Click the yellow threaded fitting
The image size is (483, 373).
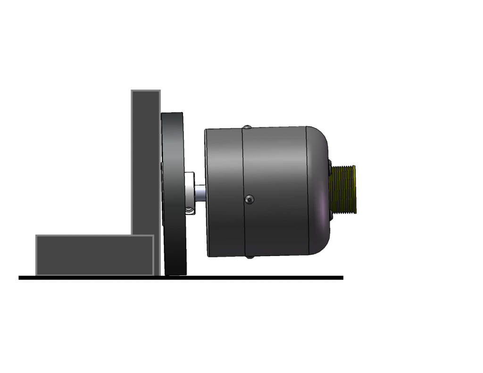pos(343,189)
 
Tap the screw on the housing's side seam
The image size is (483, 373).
pos(250,200)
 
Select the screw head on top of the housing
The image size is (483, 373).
pos(246,127)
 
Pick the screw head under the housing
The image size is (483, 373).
pos(249,257)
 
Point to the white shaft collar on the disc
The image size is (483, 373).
pos(190,192)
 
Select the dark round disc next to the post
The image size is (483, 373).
pos(173,193)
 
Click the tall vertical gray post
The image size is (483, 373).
pos(146,160)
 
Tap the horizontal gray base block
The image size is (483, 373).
pos(94,255)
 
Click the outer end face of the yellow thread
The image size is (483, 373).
pos(355,189)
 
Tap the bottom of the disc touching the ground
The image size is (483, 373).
pos(176,273)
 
